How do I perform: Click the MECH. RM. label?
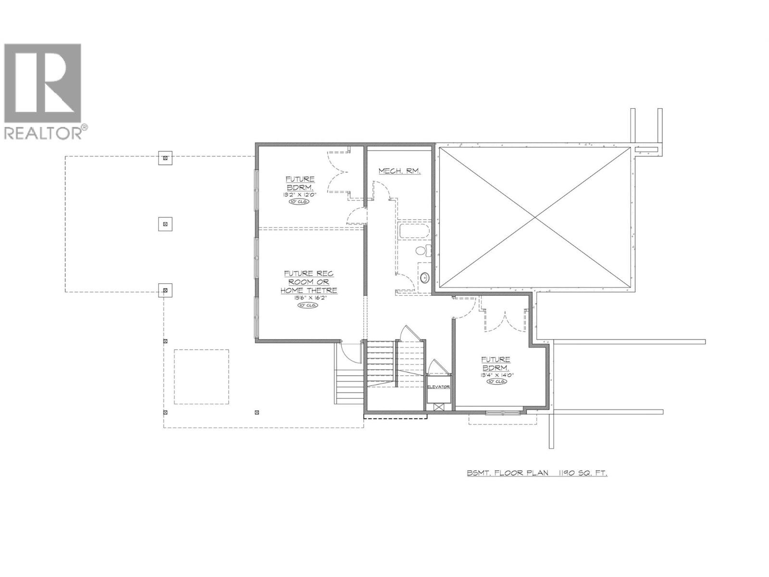click(399, 171)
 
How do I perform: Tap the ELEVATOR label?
click(438, 387)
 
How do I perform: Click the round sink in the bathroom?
click(424, 277)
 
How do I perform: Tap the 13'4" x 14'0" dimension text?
click(496, 375)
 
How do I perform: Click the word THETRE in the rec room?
click(323, 290)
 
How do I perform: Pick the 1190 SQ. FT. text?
click(582, 473)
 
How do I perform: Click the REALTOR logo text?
click(43, 133)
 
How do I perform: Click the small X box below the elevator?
click(438, 407)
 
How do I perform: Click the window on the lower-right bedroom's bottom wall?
click(503, 412)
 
